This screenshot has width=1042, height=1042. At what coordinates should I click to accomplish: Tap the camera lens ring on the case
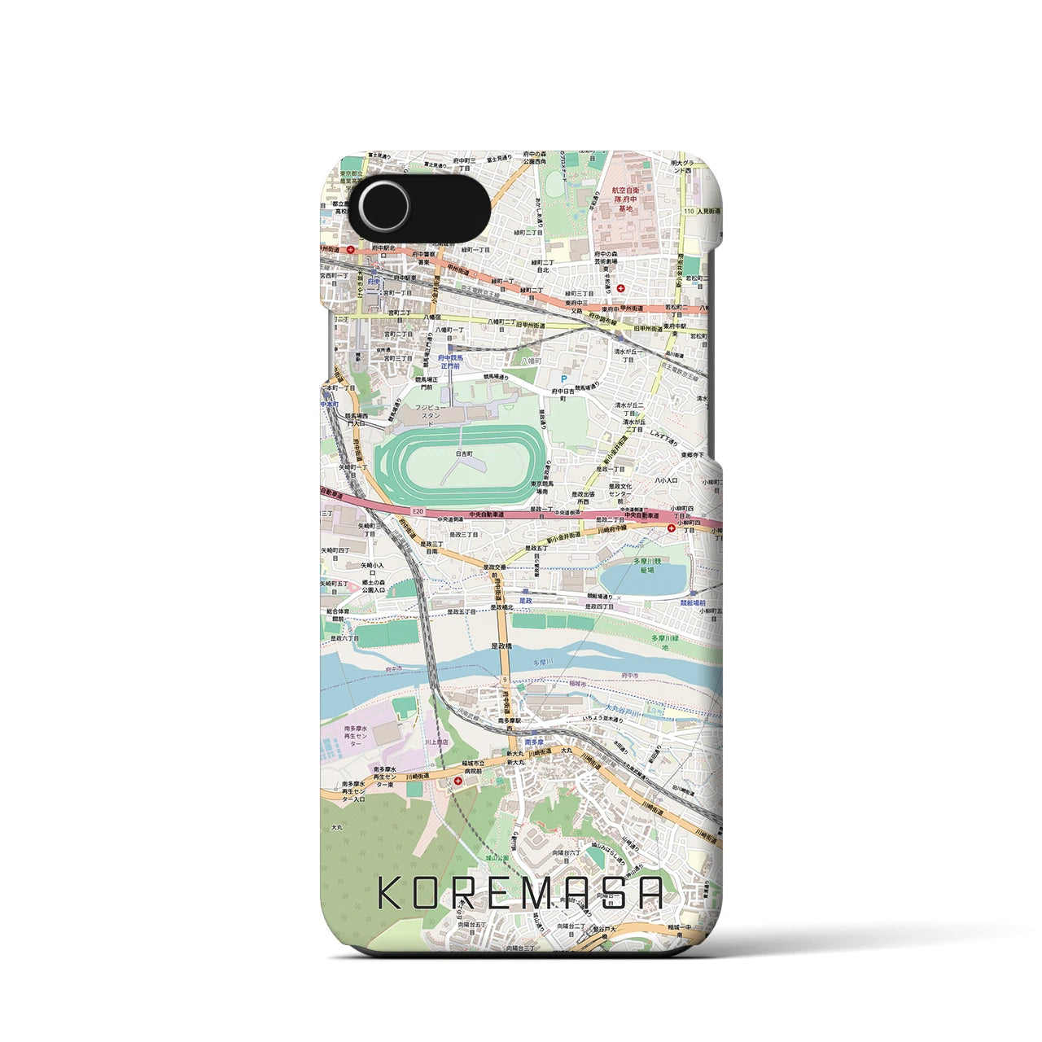point(384,205)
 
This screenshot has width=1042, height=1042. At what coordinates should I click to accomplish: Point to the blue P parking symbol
point(563,379)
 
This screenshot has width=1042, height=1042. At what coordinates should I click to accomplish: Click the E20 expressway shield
point(418,511)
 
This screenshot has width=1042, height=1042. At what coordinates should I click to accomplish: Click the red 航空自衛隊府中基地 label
point(625,199)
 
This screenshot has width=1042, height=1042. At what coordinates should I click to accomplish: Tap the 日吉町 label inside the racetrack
point(464,453)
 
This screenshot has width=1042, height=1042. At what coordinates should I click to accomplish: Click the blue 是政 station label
point(526,600)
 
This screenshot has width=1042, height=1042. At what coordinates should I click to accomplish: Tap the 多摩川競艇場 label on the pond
point(647,566)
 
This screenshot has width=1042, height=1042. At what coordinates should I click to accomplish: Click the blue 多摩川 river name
point(543,663)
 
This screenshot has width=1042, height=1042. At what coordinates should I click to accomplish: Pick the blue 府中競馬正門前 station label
point(452,361)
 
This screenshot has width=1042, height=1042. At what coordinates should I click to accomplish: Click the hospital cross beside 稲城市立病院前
point(459,781)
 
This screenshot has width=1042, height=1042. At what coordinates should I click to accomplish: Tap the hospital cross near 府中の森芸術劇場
point(621,287)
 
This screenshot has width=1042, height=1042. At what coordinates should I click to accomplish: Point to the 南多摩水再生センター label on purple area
point(356,736)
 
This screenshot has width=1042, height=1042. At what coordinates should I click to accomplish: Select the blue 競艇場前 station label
point(694,603)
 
